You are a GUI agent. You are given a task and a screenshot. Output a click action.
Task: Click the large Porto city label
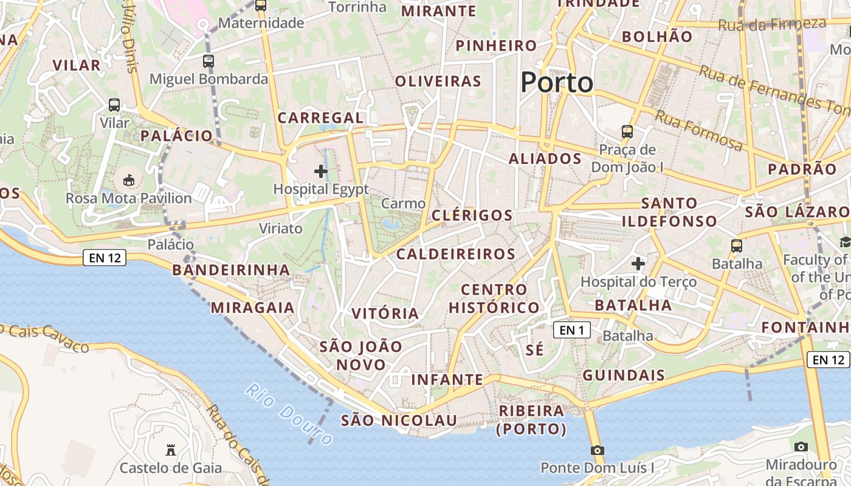(556, 83)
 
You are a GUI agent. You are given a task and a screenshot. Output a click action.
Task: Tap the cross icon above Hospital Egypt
(321, 172)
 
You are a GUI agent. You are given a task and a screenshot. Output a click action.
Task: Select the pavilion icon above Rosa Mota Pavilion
(128, 180)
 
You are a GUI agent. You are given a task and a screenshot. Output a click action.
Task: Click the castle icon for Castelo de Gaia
(171, 450)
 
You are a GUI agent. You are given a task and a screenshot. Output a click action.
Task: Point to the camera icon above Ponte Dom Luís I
(598, 450)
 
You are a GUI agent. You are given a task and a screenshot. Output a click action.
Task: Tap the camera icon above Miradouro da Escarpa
(801, 447)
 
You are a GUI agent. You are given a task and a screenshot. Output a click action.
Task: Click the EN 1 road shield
(572, 330)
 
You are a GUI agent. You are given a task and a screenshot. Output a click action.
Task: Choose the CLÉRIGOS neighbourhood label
(472, 215)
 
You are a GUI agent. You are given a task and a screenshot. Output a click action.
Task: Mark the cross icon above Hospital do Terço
(638, 264)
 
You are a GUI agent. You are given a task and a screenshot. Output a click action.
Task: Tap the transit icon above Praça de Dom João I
(627, 131)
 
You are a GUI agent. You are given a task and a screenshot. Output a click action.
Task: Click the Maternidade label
(261, 23)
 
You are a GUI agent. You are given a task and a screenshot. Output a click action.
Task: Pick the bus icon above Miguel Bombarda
(208, 61)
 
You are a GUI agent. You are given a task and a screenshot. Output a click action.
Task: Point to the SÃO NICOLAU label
(399, 420)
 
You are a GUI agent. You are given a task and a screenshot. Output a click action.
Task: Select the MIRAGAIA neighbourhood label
(252, 307)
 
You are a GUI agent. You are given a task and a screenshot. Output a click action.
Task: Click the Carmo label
(403, 204)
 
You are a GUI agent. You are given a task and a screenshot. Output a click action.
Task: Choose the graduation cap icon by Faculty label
(845, 242)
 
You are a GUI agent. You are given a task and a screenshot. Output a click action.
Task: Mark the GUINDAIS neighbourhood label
(624, 375)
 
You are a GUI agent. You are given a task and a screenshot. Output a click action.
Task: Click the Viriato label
(280, 228)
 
